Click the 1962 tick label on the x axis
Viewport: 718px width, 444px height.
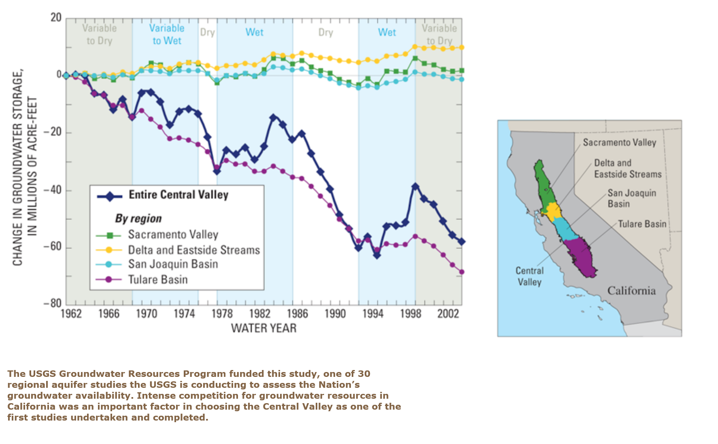(71, 314)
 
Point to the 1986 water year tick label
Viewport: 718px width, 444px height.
(297, 314)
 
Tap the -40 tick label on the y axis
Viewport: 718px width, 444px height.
(53, 190)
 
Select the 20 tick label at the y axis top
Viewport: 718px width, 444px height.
(56, 18)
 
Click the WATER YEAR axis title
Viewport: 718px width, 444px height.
(263, 328)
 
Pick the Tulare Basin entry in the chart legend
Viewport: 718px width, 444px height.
(142, 279)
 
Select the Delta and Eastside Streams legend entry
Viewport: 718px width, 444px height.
(178, 250)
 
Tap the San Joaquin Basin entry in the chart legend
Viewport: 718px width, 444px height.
(157, 264)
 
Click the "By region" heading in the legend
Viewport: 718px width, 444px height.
(138, 218)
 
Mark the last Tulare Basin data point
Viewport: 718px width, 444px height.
(462, 272)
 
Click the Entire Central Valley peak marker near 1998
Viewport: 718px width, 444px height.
(415, 186)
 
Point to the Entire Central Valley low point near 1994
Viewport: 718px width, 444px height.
(377, 255)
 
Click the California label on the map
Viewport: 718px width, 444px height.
(631, 290)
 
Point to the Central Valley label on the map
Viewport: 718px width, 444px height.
(529, 276)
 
